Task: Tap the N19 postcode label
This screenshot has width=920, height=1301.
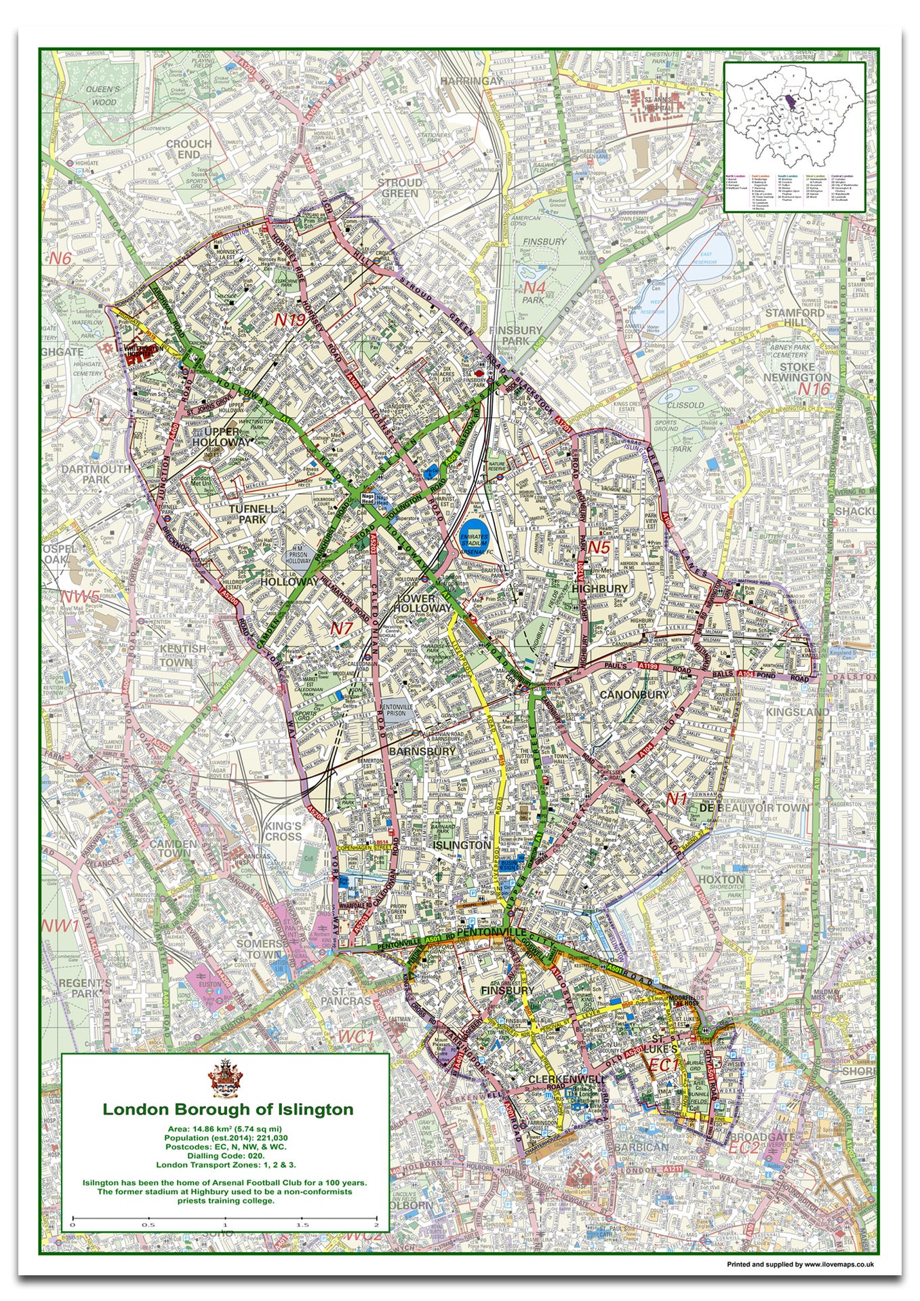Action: pos(290,320)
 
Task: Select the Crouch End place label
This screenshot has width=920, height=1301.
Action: pos(188,149)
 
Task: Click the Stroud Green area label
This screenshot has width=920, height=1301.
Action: pos(399,188)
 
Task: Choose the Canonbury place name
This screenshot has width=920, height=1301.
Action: pos(634,695)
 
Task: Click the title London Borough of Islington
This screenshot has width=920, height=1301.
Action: pos(228,1110)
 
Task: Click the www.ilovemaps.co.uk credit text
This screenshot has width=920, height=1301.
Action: pos(800,1264)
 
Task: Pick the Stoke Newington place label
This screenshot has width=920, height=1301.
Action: pos(797,371)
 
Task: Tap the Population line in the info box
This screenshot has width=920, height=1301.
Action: pos(225,1138)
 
